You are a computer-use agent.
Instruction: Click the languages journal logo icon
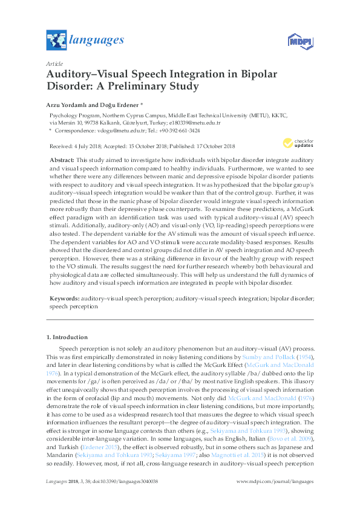(56, 41)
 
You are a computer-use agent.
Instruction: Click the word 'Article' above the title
(54, 63)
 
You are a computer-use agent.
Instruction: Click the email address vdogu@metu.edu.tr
(109, 130)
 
